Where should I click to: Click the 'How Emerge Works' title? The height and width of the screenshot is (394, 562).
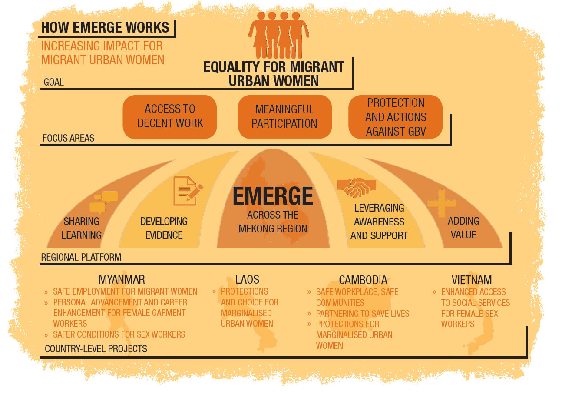(x=106, y=27)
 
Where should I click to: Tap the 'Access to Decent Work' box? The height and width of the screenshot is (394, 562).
(x=170, y=117)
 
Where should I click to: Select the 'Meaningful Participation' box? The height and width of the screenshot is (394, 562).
(x=285, y=117)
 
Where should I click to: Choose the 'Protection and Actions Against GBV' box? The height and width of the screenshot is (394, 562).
(x=395, y=117)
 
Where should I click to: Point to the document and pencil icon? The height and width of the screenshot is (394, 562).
(x=188, y=191)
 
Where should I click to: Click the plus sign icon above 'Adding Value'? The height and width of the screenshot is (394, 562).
(x=442, y=203)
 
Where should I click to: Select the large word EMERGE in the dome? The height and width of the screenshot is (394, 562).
(x=273, y=196)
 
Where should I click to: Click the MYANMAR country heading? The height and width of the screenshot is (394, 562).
(x=122, y=280)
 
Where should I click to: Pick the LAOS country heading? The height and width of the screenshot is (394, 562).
(x=248, y=280)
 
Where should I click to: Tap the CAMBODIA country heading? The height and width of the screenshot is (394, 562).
(x=363, y=280)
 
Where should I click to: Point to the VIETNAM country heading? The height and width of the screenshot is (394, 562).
(x=472, y=280)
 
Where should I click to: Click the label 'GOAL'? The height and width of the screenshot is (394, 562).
(x=54, y=82)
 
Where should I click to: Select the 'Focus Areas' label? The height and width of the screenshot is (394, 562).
(x=68, y=138)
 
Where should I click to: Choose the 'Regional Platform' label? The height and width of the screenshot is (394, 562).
(x=81, y=257)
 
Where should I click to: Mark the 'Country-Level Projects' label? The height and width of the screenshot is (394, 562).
(x=96, y=349)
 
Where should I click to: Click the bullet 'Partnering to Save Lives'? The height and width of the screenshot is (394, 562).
(x=363, y=314)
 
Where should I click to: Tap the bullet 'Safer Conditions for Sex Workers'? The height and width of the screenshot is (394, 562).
(x=119, y=334)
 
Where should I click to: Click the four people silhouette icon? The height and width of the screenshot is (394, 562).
(x=278, y=35)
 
